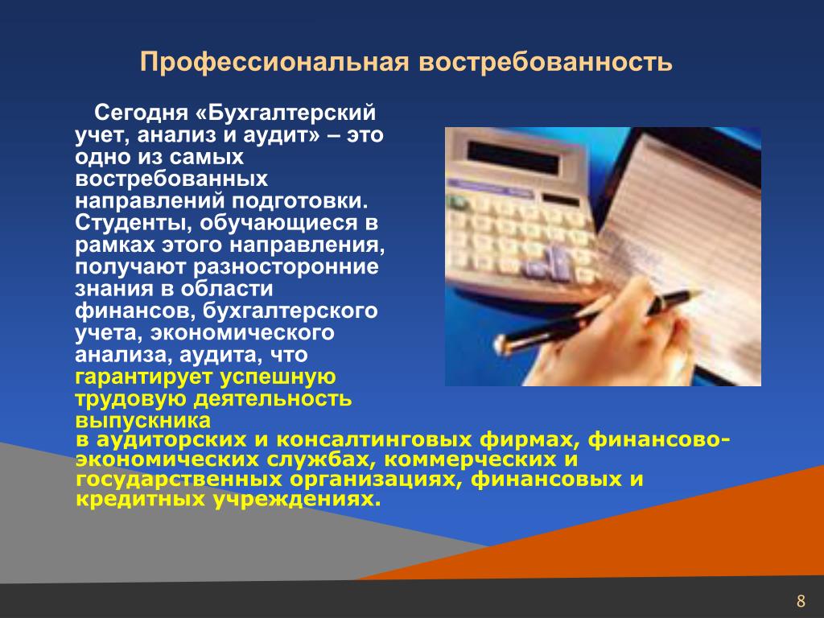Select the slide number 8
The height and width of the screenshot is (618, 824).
click(801, 600)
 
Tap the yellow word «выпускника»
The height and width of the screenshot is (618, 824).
click(143, 420)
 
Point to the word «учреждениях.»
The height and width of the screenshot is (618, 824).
click(297, 499)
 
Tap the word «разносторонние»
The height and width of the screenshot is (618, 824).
click(286, 267)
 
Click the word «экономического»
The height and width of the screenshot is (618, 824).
click(242, 333)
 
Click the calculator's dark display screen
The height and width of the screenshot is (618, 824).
click(513, 158)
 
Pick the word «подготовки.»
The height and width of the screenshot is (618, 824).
click(300, 201)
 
